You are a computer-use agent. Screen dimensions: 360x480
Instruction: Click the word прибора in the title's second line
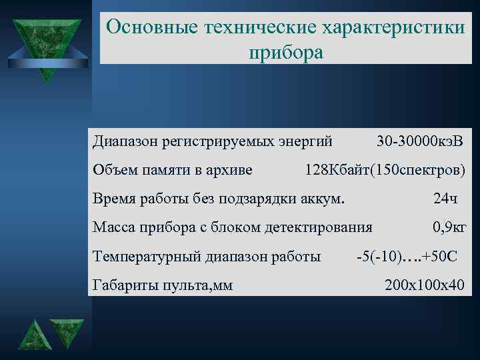(x=285, y=51)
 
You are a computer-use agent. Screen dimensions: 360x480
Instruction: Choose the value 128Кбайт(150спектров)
(x=385, y=169)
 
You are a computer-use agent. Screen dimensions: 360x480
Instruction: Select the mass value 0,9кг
(x=449, y=227)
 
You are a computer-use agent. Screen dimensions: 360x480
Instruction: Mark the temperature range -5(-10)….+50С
(x=407, y=257)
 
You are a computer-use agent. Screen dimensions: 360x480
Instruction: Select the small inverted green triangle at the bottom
(x=67, y=332)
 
